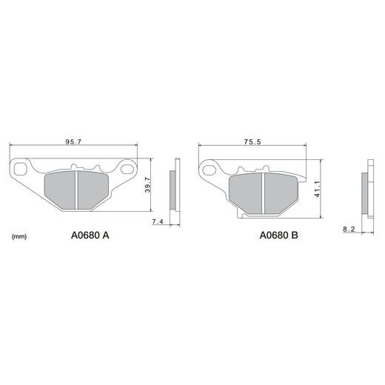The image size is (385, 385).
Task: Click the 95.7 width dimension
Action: [x=73, y=141]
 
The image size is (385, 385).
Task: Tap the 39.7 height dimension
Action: [x=147, y=185]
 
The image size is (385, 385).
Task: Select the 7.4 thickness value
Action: [x=158, y=221]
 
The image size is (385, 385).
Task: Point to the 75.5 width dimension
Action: [x=252, y=141]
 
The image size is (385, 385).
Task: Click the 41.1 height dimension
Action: [x=317, y=189]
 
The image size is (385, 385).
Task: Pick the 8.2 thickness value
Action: [x=349, y=230]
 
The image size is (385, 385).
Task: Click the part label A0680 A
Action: [x=90, y=235]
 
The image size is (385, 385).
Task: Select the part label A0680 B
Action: [x=279, y=235]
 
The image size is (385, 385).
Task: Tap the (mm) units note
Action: [x=19, y=236]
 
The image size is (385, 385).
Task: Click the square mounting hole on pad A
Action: [x=20, y=169]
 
